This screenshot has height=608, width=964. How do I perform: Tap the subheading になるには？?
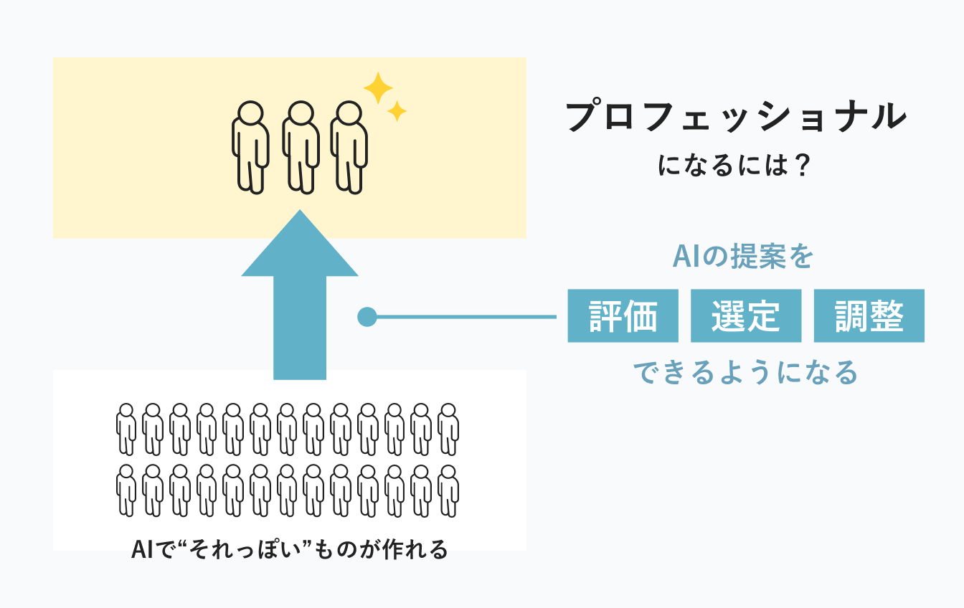734,167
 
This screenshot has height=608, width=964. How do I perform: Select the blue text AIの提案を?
742,256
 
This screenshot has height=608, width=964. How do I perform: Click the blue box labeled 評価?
623,315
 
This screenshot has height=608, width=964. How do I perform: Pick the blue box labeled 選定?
746,315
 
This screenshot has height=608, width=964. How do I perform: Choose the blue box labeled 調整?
869,315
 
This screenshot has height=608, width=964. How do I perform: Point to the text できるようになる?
745,372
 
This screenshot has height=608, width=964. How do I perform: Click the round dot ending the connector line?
367,316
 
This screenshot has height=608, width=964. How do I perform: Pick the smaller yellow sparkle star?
397,110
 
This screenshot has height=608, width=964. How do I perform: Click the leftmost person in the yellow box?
250,146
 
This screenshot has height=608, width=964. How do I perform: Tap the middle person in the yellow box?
300,146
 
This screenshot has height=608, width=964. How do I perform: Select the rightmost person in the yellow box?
349,146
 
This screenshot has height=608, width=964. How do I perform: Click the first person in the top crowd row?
126,429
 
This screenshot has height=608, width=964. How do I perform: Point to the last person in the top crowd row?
448,429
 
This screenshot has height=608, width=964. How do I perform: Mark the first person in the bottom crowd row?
126,490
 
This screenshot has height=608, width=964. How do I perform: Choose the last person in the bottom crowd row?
448,490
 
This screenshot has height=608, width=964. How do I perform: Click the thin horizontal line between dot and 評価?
466,316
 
